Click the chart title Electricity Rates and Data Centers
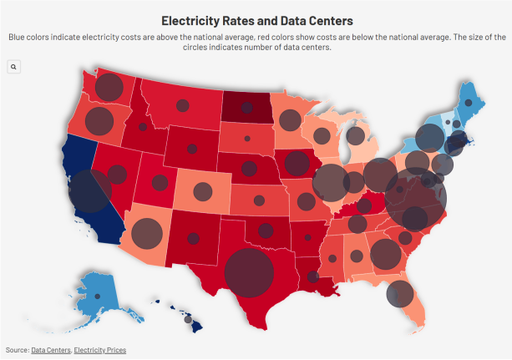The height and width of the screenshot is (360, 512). click(x=256, y=19)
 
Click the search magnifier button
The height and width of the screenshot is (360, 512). click(x=13, y=66)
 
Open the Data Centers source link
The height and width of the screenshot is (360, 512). click(x=50, y=349)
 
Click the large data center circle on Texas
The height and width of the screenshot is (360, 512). click(x=249, y=273)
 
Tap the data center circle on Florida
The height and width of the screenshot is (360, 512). click(x=400, y=293)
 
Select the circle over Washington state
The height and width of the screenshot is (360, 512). click(x=109, y=87)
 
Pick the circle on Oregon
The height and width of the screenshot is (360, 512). click(x=99, y=121)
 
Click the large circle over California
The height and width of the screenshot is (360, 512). click(x=89, y=191)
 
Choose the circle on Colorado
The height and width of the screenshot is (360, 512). click(x=202, y=192)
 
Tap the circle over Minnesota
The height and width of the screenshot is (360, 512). click(x=289, y=119)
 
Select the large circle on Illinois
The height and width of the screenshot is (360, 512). click(x=331, y=182)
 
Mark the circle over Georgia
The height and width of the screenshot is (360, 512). click(x=385, y=254)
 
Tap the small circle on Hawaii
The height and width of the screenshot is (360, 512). click(x=188, y=319)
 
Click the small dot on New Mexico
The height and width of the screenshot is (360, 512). click(x=194, y=238)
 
